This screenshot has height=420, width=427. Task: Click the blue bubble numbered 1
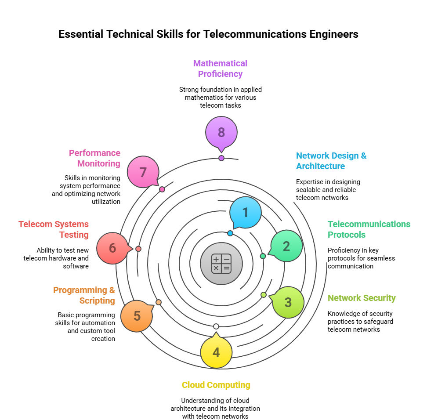click(x=245, y=212)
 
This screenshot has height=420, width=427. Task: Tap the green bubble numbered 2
click(x=286, y=246)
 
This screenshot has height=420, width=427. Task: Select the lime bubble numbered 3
click(x=288, y=302)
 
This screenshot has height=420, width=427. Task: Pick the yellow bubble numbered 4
click(x=216, y=352)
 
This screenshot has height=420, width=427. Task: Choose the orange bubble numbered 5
click(x=137, y=316)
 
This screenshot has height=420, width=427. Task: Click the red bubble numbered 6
click(x=112, y=248)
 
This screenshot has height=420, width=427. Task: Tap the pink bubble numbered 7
click(x=143, y=172)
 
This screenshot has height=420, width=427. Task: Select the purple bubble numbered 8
click(x=221, y=132)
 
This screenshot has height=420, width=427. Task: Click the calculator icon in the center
click(x=221, y=264)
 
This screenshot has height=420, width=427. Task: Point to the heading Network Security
click(x=362, y=298)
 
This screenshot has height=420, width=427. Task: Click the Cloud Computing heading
click(x=216, y=385)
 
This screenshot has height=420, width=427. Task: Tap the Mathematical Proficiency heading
click(x=221, y=69)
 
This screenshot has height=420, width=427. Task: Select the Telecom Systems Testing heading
click(x=54, y=229)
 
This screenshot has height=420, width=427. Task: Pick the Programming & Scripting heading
click(x=84, y=295)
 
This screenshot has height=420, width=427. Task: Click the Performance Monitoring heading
click(x=94, y=158)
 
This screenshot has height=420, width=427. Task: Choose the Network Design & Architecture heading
click(x=331, y=161)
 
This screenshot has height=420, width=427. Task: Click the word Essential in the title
click(x=82, y=34)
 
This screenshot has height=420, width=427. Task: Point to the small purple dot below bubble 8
click(x=221, y=158)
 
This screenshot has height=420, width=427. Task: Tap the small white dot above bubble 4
click(x=216, y=326)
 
